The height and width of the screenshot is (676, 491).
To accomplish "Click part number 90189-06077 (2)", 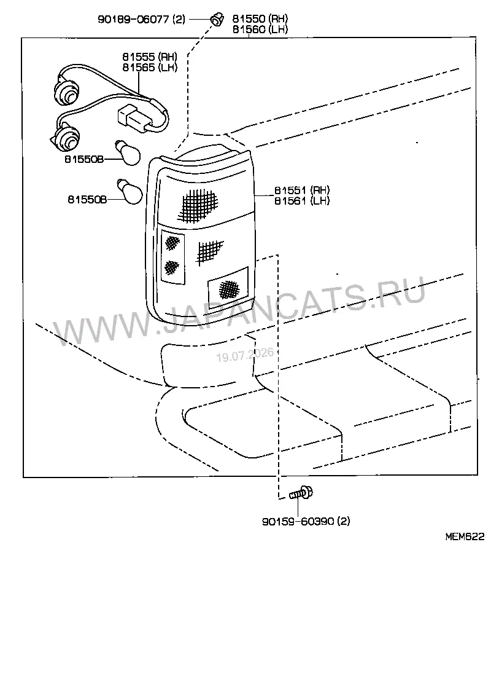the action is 142,20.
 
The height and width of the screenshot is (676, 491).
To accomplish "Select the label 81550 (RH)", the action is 260,18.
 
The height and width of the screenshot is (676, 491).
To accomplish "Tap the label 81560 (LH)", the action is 260,29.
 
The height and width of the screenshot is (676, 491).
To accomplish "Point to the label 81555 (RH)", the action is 150,57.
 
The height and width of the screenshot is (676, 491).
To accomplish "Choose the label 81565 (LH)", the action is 150,67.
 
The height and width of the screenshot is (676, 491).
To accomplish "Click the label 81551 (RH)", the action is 302,190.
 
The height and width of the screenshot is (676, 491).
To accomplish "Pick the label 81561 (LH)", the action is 302,201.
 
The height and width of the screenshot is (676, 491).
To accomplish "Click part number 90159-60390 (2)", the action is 306,521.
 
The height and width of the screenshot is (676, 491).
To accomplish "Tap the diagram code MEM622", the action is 465,536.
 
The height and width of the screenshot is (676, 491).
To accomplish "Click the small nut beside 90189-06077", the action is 217,20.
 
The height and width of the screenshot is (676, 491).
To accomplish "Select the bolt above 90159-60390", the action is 301,493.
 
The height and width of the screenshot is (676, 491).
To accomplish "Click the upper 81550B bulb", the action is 128,153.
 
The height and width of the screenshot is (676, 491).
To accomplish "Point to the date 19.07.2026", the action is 245,355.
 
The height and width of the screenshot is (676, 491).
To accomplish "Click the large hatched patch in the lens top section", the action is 199,203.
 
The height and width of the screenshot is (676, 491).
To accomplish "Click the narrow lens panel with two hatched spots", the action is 172,257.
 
